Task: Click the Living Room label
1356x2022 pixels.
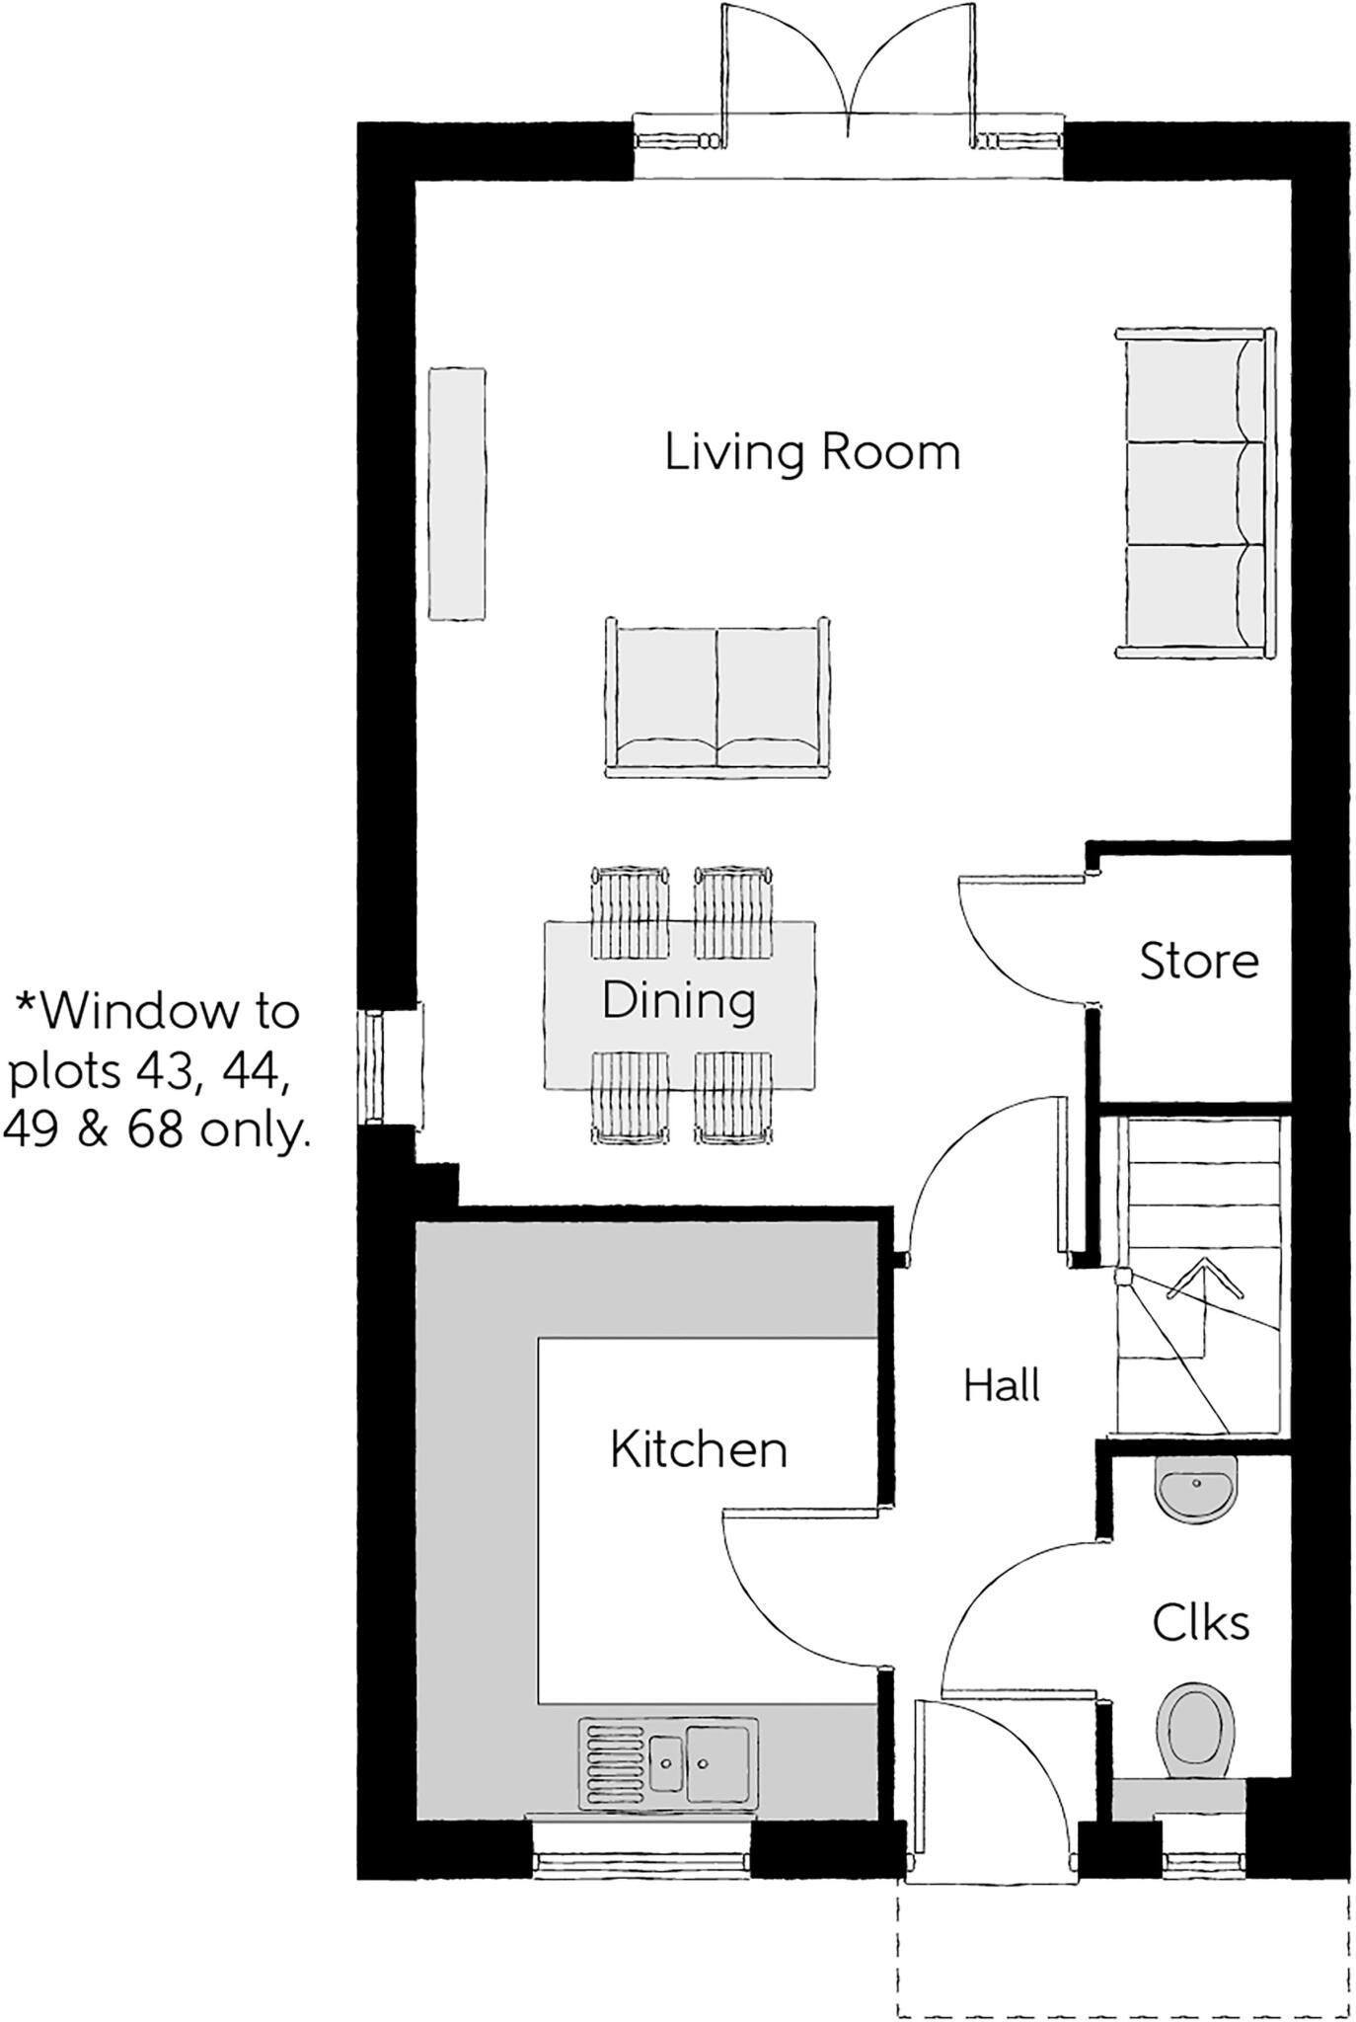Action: (x=811, y=452)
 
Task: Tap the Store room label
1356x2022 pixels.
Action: (x=1198, y=961)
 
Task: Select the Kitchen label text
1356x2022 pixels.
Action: (x=698, y=1450)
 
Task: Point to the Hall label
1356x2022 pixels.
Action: (x=1001, y=1385)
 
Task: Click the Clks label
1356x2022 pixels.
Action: (x=1200, y=1622)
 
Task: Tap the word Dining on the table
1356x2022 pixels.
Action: (x=679, y=1000)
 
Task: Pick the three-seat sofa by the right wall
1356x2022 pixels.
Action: (x=1194, y=493)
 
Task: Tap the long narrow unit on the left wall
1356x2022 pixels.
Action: (x=457, y=494)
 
